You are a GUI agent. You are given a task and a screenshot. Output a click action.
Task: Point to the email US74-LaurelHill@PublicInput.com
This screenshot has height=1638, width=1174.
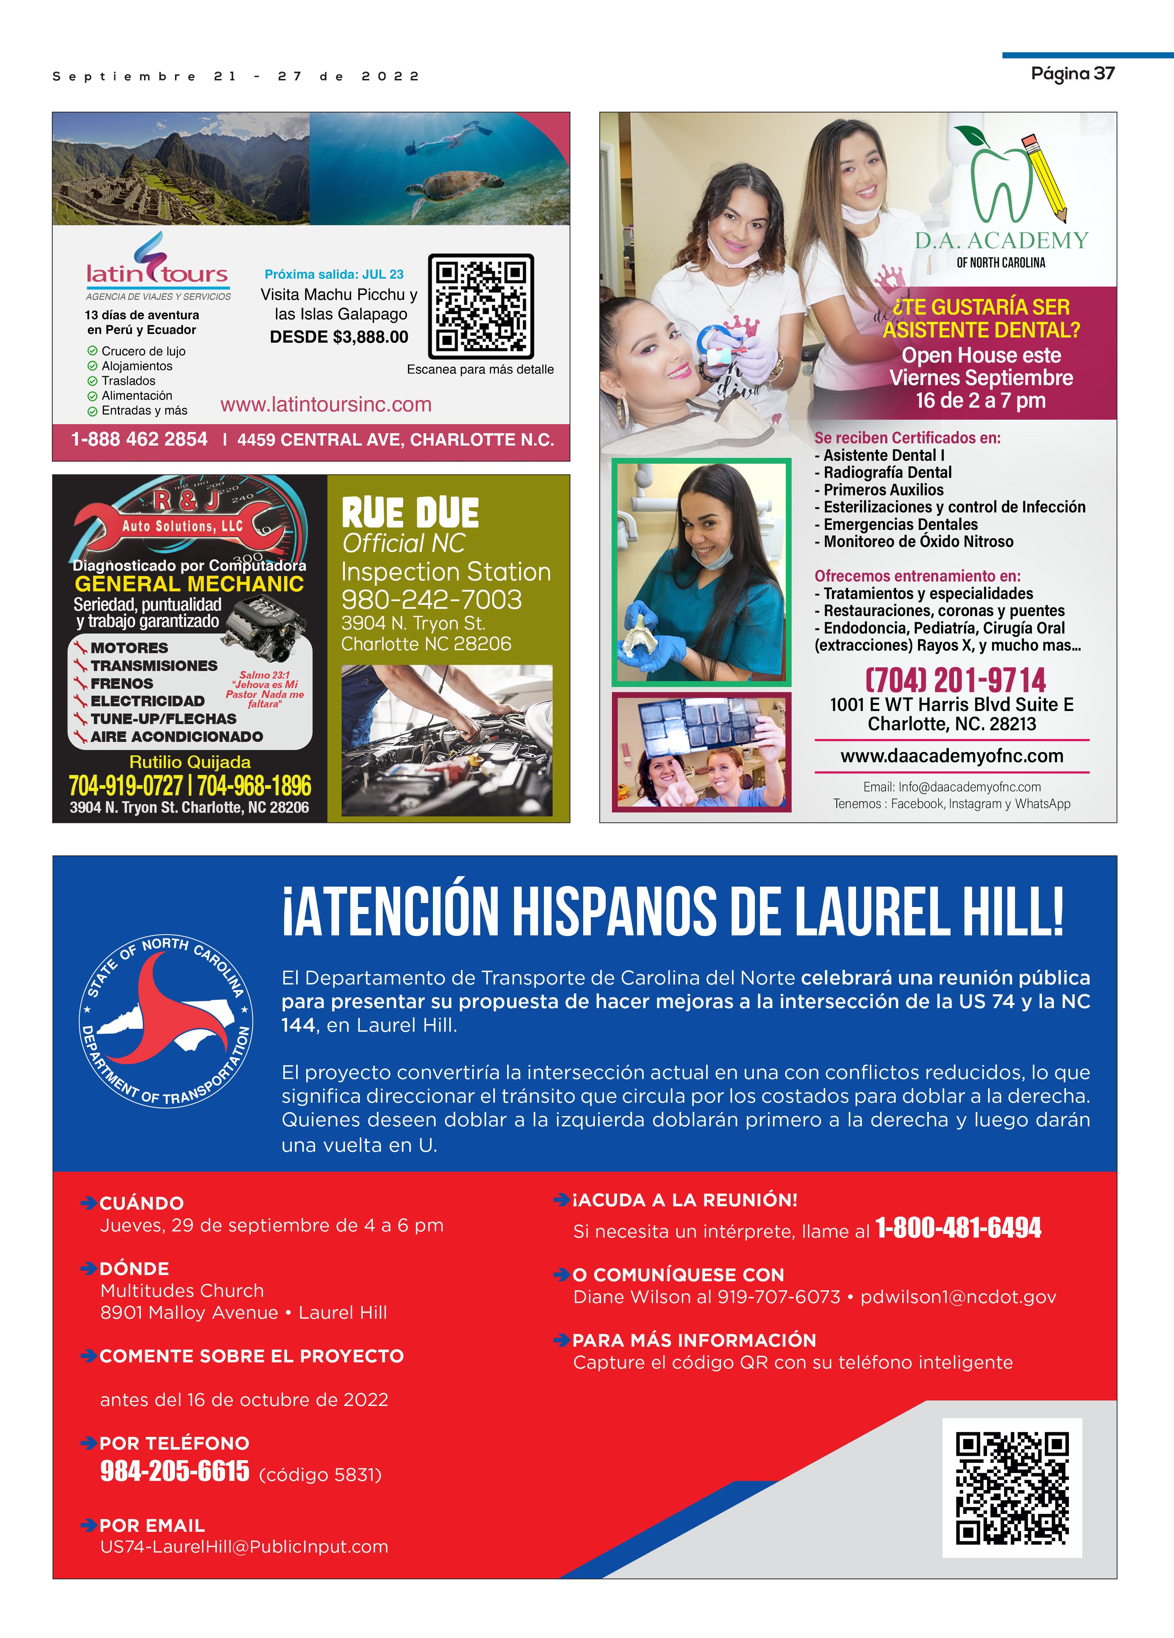pyautogui.click(x=244, y=1547)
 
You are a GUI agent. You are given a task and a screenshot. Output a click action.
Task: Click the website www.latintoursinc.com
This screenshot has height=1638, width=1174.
pyautogui.click(x=326, y=404)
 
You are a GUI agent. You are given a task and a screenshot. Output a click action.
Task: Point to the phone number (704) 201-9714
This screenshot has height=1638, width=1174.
pyautogui.click(x=955, y=680)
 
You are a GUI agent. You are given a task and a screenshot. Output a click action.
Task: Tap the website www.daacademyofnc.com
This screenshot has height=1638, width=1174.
pyautogui.click(x=951, y=756)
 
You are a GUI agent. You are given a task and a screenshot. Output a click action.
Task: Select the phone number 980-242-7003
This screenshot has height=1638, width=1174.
pyautogui.click(x=431, y=599)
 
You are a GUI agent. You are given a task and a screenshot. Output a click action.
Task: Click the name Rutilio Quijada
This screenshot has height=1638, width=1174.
pyautogui.click(x=190, y=762)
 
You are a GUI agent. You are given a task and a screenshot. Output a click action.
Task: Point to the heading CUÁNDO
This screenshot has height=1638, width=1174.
pyautogui.click(x=142, y=1203)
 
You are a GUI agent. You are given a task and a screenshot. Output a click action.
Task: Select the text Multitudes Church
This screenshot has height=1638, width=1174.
pyautogui.click(x=182, y=1291)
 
